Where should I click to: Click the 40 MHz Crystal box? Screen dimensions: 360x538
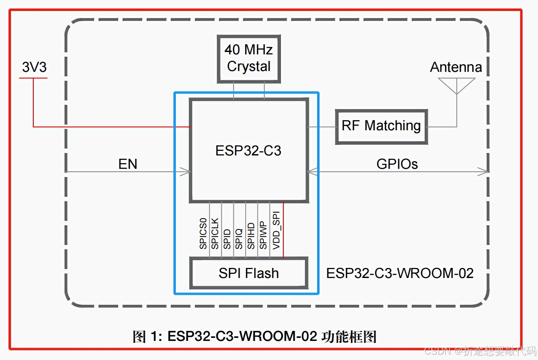coord(248,58)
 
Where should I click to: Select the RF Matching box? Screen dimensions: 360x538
coord(381,126)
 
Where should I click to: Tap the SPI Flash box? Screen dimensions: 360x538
coord(248,273)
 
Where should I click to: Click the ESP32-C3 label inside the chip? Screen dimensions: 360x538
coord(248,151)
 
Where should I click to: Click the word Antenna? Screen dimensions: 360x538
coord(456,67)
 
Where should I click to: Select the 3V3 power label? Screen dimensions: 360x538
coord(34,67)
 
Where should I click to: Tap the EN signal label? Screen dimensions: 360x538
coord(127,164)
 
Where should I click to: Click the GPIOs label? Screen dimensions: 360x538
coord(397,164)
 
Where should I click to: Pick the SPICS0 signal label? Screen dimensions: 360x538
coord(203,233)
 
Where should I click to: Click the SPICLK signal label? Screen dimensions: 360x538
coord(215,233)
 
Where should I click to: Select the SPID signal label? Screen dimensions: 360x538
coord(227,239)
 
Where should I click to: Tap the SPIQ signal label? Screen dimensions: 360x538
coord(239,239)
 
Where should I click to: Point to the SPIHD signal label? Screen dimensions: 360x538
coord(251,236)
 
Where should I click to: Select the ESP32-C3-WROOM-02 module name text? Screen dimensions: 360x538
coord(400,273)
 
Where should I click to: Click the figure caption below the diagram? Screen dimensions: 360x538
coord(255,336)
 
